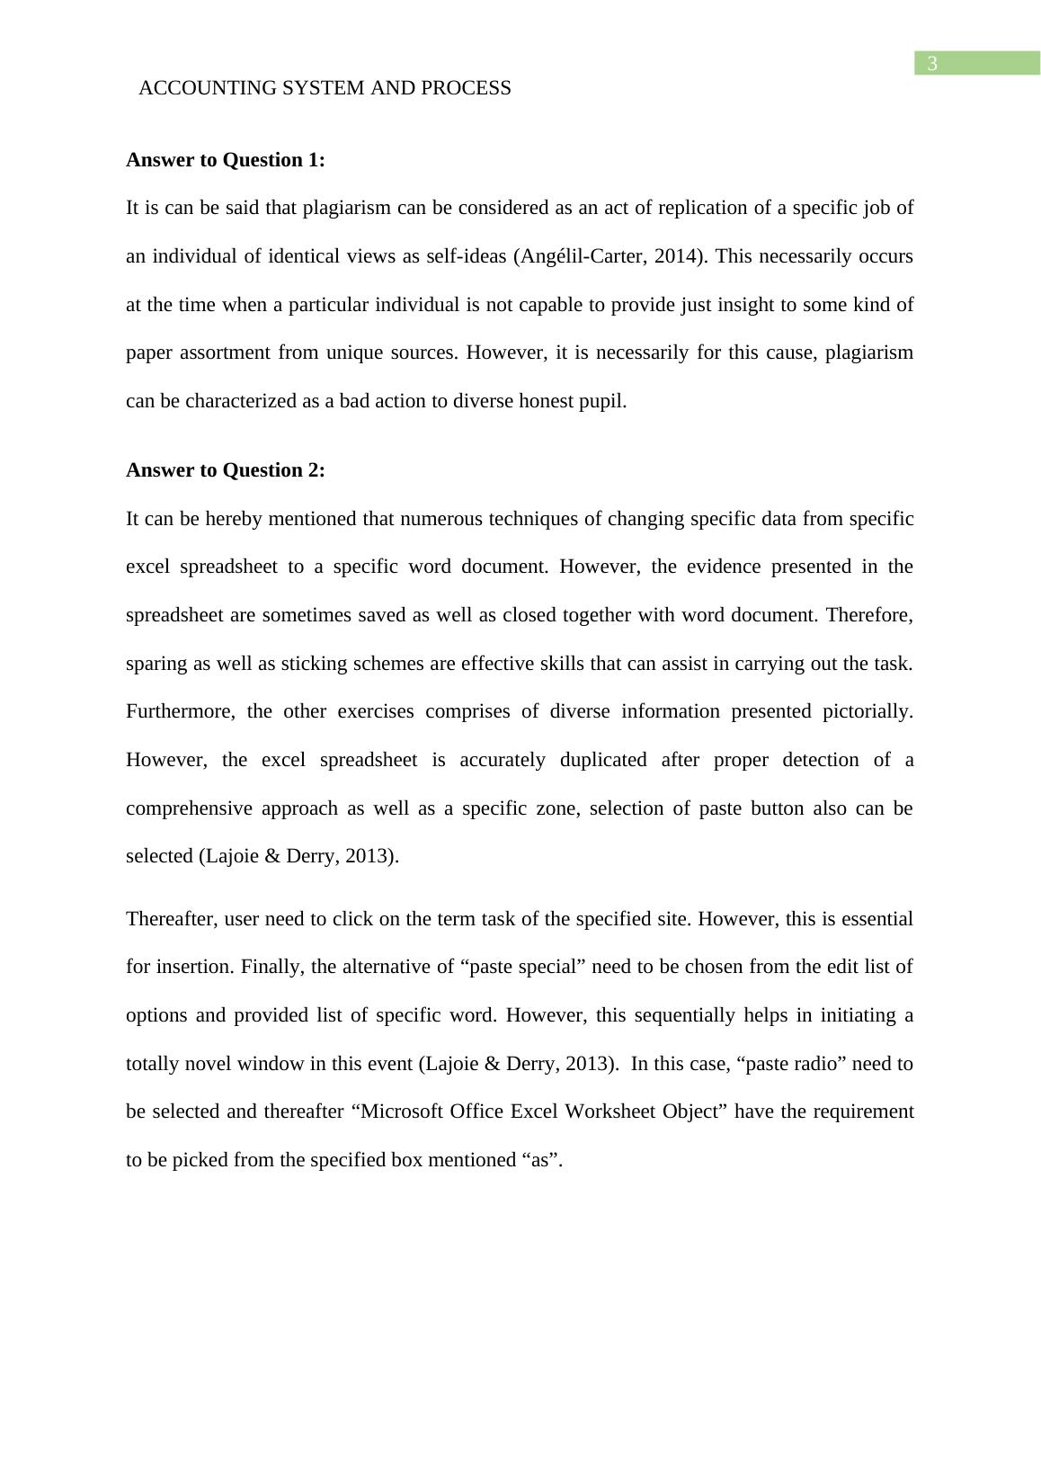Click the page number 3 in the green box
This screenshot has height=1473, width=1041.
pyautogui.click(x=932, y=64)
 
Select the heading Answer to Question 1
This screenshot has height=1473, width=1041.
pyautogui.click(x=225, y=160)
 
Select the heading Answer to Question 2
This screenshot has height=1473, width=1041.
pyautogui.click(x=225, y=470)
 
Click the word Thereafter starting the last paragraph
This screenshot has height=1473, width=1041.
pyautogui.click(x=171, y=919)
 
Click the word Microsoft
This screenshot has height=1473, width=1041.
pyautogui.click(x=400, y=1111)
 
